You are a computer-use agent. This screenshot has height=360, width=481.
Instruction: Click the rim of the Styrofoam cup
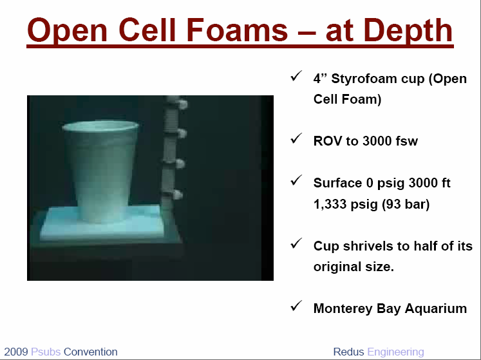pyautogui.click(x=100, y=126)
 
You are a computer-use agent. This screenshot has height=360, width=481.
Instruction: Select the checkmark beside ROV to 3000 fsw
pyautogui.click(x=296, y=138)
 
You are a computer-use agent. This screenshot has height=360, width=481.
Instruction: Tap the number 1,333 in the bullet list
pyautogui.click(x=330, y=204)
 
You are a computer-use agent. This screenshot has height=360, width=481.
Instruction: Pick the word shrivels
pyautogui.click(x=367, y=246)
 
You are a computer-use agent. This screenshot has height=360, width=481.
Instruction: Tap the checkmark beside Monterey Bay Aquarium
pyautogui.click(x=296, y=306)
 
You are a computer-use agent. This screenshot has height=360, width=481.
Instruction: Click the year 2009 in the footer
pyautogui.click(x=16, y=352)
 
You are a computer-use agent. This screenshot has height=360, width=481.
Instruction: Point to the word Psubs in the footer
pyautogui.click(x=46, y=352)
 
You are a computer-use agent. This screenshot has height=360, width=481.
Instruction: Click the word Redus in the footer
pyautogui.click(x=349, y=352)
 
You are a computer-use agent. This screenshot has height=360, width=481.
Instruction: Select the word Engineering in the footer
pyautogui.click(x=396, y=352)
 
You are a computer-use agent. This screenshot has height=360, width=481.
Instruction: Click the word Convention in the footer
pyautogui.click(x=91, y=352)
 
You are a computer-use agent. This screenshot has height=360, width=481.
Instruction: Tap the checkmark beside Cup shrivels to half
pyautogui.click(x=296, y=243)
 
